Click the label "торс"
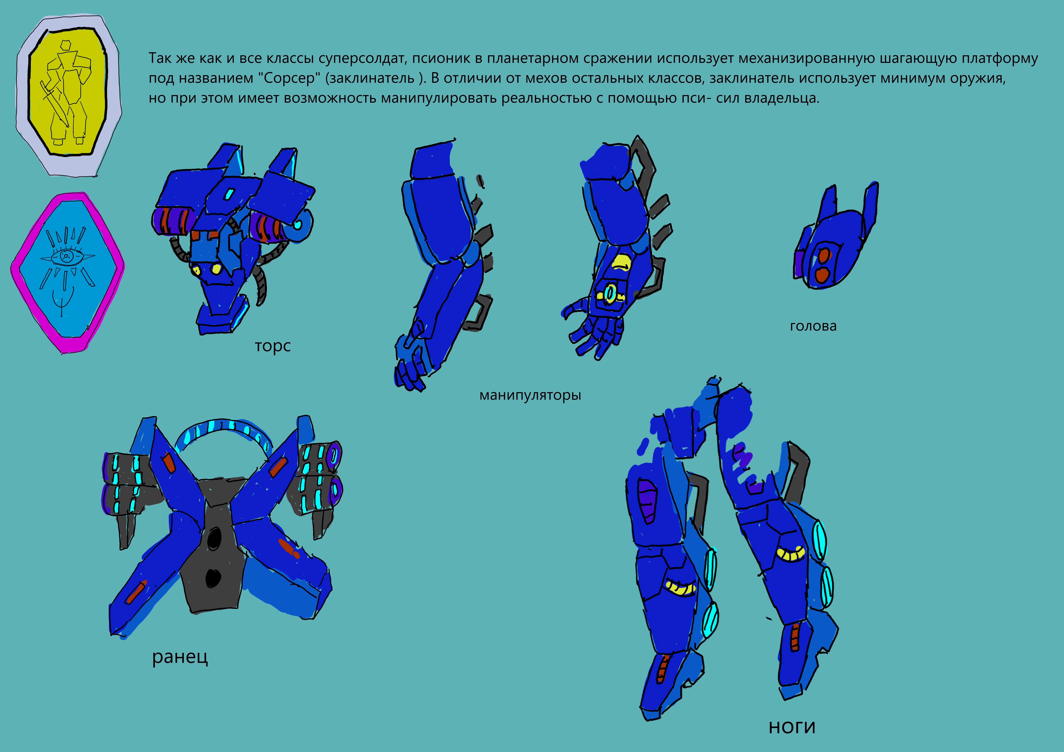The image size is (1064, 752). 273,346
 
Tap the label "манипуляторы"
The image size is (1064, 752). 530,395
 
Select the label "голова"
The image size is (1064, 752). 813,326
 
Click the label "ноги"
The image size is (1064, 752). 792,727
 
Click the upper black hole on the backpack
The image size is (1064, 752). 214,539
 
